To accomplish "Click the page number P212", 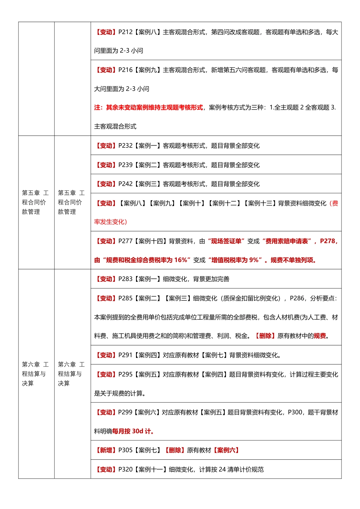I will coord(125,32).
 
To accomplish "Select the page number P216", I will coord(125,70).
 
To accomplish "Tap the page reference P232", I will coord(125,146).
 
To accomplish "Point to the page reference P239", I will coord(125,165).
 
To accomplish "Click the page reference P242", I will coord(125,184).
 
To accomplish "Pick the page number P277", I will coord(125,241).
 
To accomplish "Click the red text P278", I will coord(328,241).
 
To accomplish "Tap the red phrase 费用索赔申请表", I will coord(288,241).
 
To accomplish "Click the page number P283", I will coord(125,279).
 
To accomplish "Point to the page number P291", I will coord(125,355).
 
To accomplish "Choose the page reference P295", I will coord(125,375).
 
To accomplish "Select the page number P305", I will coord(125,450).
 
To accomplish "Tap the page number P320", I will coord(125,470).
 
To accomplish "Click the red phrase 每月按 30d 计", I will coord(133,431).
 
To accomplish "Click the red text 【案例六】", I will coord(226,450).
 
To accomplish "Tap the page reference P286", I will coord(297,298).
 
